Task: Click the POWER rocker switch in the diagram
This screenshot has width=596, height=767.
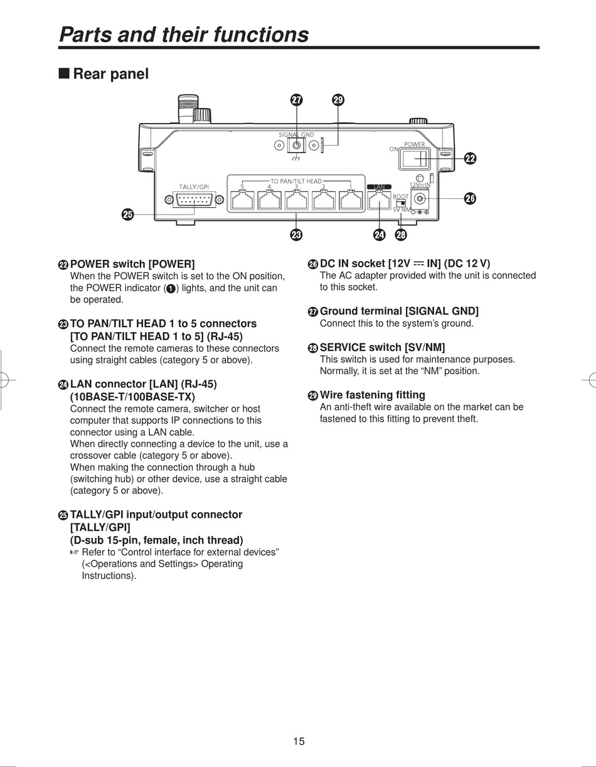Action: coord(412,159)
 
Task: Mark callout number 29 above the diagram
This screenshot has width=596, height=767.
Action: coord(338,100)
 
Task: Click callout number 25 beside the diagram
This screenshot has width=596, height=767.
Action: coord(127,215)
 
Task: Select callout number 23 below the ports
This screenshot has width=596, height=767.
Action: coord(296,235)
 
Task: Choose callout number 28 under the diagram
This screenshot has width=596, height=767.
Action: coord(401,235)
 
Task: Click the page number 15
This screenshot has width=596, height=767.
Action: coord(299,741)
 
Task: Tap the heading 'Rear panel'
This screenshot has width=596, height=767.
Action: coord(110,74)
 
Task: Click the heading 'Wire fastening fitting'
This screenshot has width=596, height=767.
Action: coord(372,395)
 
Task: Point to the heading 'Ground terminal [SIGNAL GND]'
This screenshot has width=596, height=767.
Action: coord(399,311)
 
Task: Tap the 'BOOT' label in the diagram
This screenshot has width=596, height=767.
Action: coord(400,196)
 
